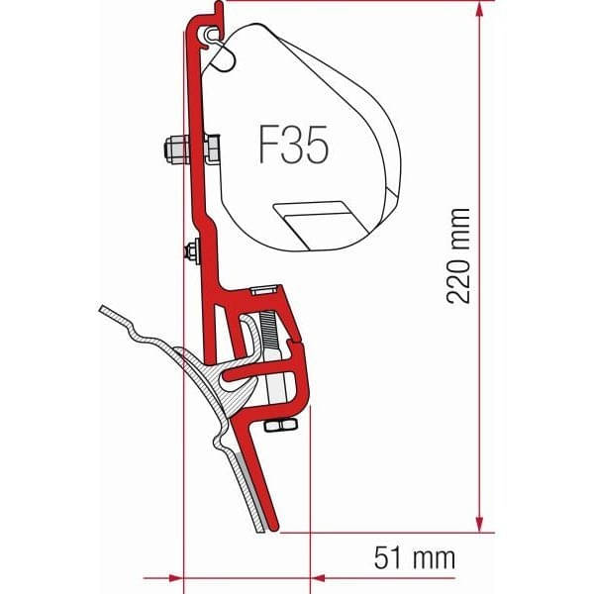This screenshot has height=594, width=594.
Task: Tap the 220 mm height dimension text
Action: [457, 255]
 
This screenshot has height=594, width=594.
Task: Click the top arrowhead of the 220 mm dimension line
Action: [480, 10]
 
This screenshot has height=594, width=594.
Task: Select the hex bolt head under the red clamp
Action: [280, 427]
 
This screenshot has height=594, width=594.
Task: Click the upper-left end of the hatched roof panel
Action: [107, 314]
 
